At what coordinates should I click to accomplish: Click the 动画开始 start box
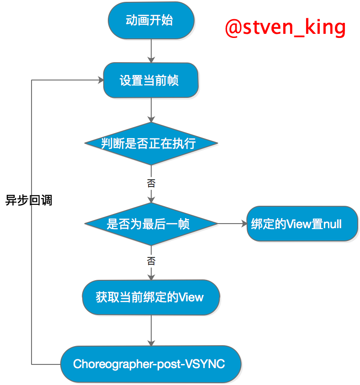(151, 21)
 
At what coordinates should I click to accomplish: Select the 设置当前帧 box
(151, 80)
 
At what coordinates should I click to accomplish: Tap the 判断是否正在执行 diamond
(151, 144)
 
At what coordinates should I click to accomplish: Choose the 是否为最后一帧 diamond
(151, 224)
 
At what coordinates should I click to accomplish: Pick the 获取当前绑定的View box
(151, 297)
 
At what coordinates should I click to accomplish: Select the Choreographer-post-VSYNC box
(151, 364)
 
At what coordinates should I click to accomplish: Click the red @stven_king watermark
(285, 27)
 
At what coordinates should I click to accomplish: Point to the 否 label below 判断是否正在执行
(151, 184)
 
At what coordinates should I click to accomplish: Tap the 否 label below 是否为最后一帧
(151, 262)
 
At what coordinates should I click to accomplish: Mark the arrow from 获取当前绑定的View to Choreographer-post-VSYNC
(151, 330)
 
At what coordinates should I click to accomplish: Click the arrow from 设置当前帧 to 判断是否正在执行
(151, 110)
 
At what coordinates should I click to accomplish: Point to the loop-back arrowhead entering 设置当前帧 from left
(100, 80)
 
